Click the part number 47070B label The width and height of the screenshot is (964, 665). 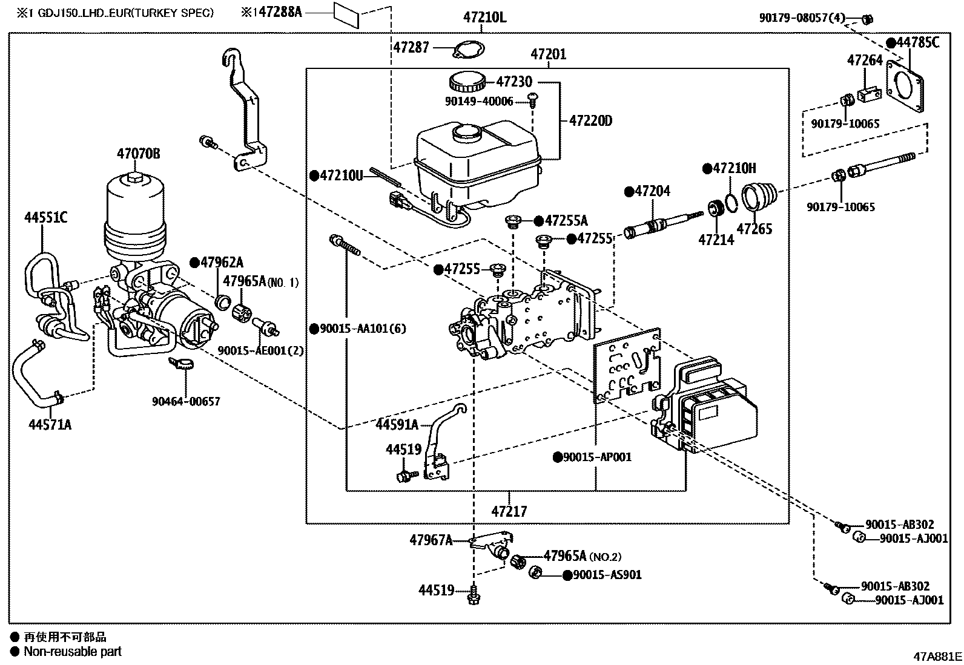click(x=139, y=154)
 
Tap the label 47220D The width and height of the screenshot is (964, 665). click(x=590, y=121)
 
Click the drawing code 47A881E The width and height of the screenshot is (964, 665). click(x=937, y=657)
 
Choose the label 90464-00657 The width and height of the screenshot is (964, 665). click(x=186, y=401)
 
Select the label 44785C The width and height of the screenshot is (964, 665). click(x=918, y=42)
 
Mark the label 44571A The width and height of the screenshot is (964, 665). click(x=50, y=425)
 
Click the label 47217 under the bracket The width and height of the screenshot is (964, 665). click(x=509, y=511)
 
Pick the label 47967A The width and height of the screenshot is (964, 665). click(x=431, y=540)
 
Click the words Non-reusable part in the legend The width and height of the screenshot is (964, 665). click(x=72, y=652)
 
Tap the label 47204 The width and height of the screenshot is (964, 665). click(x=652, y=192)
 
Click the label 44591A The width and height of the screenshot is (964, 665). click(x=397, y=425)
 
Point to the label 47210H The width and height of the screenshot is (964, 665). click(x=734, y=169)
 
